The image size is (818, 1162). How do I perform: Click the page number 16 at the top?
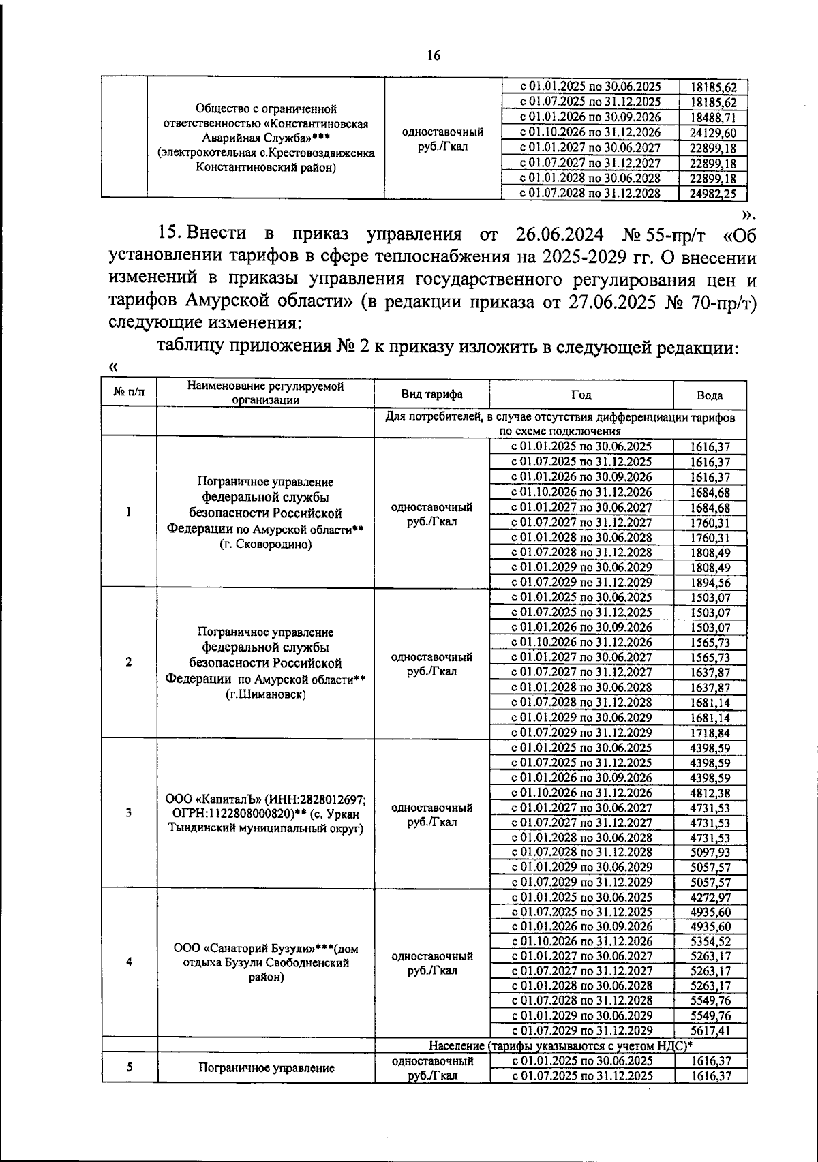pyautogui.click(x=434, y=56)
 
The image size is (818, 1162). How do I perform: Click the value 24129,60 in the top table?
pyautogui.click(x=713, y=133)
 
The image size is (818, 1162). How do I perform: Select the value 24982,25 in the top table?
pyautogui.click(x=713, y=194)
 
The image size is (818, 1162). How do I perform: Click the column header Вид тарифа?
pyautogui.click(x=431, y=395)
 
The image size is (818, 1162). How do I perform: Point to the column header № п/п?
pyautogui.click(x=129, y=393)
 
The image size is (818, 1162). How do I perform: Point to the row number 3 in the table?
pyautogui.click(x=129, y=813)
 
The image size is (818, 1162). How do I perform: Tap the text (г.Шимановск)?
pyautogui.click(x=266, y=694)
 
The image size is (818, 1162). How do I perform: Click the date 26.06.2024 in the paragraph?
pyautogui.click(x=556, y=234)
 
